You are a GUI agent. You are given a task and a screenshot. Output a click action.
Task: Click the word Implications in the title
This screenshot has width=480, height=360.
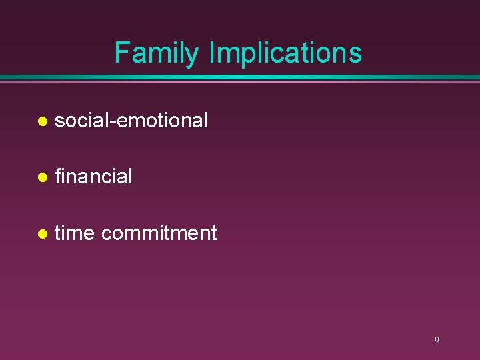(x=285, y=53)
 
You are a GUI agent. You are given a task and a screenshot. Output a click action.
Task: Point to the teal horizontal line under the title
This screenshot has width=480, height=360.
(x=240, y=78)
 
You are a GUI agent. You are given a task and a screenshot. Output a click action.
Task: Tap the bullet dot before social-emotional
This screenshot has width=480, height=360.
(x=42, y=121)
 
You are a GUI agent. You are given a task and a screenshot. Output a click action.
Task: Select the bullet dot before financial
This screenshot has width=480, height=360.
(x=42, y=177)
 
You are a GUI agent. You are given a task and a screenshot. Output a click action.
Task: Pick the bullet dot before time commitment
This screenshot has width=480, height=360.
(x=42, y=234)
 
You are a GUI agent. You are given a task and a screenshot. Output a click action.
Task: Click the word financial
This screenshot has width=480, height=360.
(x=93, y=177)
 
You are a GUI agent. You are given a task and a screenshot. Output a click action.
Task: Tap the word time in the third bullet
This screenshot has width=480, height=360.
(x=75, y=233)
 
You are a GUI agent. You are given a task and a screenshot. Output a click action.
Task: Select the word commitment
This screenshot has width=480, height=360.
(x=159, y=233)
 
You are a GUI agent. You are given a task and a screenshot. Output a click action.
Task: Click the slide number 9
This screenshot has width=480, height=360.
(x=437, y=340)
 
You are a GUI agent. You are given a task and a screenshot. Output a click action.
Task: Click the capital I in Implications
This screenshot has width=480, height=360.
(x=211, y=53)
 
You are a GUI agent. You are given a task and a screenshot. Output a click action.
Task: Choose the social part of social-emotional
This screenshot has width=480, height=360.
(x=84, y=121)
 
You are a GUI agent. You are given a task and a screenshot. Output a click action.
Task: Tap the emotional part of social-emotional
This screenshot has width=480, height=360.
(x=164, y=121)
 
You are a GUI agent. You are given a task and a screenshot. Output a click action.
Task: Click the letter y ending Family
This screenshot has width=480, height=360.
(x=193, y=56)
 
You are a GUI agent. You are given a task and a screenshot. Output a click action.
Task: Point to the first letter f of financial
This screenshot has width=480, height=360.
(x=58, y=176)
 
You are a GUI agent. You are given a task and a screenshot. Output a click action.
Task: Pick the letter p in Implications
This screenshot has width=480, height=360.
(x=244, y=56)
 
